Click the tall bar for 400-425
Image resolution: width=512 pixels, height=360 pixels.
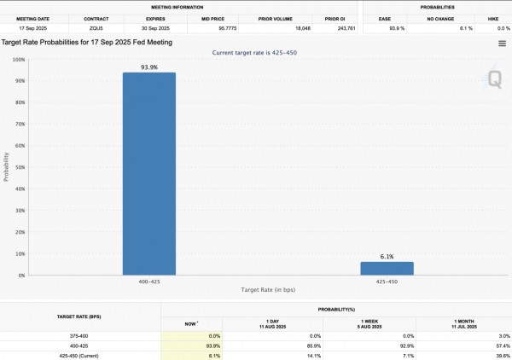coord(148,174)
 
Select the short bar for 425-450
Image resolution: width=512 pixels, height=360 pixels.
coord(387,268)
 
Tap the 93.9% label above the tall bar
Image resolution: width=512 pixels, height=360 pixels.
coord(148,67)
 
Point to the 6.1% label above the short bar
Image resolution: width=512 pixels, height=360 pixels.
coord(387,256)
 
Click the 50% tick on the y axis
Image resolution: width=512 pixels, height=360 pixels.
coord(19,168)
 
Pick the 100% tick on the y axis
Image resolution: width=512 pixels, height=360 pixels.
coord(18,61)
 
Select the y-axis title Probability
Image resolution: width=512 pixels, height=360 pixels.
coord(6,168)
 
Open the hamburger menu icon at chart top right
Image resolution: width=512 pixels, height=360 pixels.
coord(502,43)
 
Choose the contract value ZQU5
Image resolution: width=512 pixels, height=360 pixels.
coord(96,28)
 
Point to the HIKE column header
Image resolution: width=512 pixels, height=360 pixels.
coord(493,17)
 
